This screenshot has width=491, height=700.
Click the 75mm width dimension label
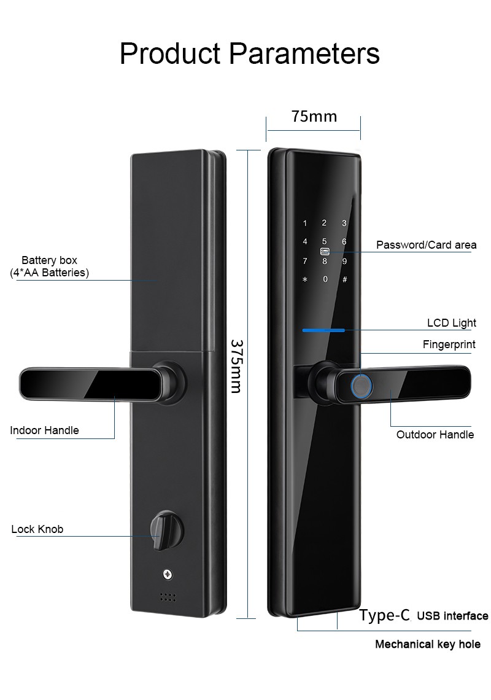(314, 116)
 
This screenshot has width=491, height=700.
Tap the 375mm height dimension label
(236, 366)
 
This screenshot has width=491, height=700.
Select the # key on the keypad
(344, 279)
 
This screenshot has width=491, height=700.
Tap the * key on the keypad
(305, 279)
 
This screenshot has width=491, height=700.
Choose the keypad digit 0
(325, 279)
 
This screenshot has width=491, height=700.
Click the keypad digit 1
(305, 224)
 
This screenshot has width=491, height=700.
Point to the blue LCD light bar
(323, 330)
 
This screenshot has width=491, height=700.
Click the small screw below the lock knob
(168, 574)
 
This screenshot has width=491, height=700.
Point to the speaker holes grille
(168, 597)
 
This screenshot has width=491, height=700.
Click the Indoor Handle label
(44, 430)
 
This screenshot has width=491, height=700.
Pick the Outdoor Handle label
(435, 435)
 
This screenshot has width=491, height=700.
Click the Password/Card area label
(427, 244)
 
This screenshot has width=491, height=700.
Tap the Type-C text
(384, 616)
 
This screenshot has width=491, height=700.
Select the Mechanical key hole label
(428, 644)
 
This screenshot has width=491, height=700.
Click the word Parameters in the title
(304, 53)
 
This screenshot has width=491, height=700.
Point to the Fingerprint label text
(449, 344)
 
